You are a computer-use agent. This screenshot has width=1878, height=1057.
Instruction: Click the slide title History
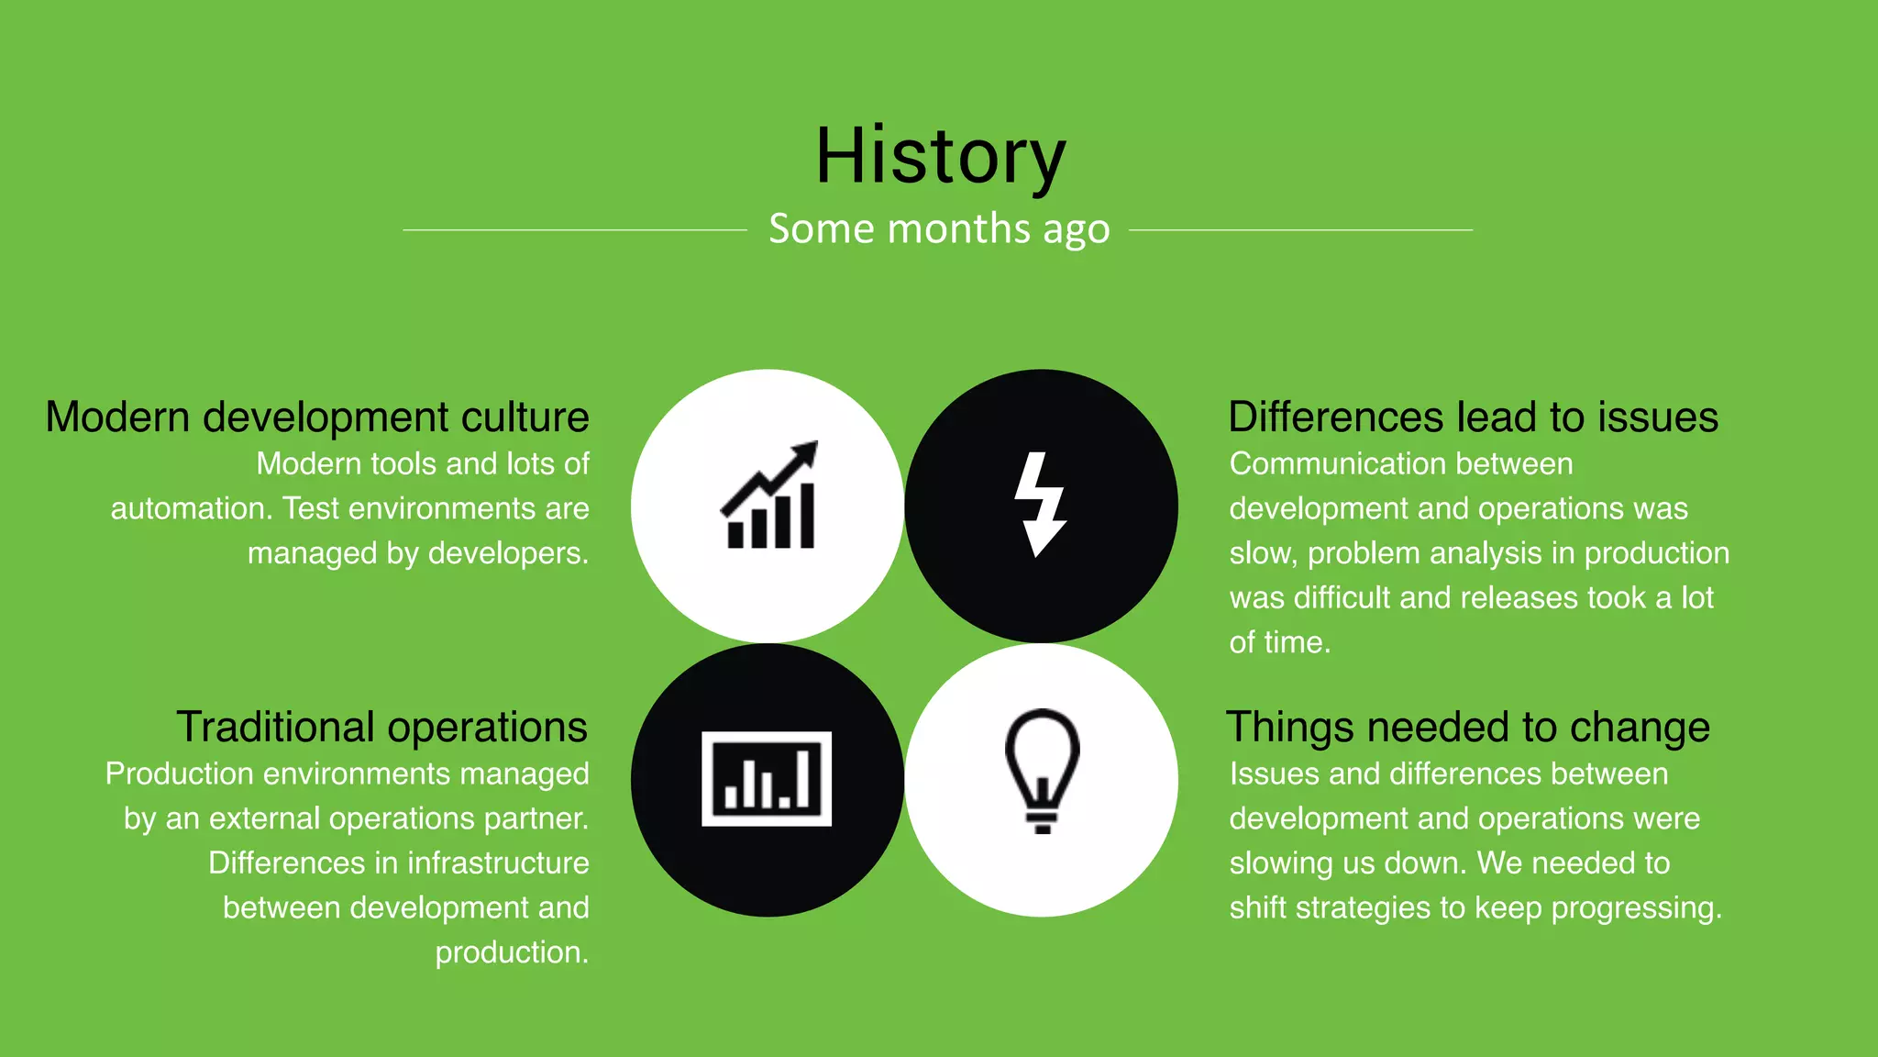coord(940,156)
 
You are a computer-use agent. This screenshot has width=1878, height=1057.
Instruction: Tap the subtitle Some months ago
coord(939,228)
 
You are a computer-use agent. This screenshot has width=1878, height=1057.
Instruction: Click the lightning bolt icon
coord(1040,504)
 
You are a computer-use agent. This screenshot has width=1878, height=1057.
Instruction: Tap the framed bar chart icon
coord(767,779)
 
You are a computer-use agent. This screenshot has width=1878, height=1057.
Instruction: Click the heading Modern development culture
coord(317,417)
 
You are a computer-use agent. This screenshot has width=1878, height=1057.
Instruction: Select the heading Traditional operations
coord(381,728)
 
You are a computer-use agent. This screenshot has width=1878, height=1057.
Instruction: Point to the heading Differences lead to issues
coord(1473,417)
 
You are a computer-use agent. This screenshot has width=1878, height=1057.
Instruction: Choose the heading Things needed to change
coord(1468,728)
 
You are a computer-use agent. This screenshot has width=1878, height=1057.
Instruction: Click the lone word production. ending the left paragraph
coord(511,953)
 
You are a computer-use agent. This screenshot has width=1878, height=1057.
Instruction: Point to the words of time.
coord(1279,643)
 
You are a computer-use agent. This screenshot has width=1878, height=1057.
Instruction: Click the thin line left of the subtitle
coord(575,229)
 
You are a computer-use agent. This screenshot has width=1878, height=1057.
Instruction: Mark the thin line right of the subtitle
coord(1300,229)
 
